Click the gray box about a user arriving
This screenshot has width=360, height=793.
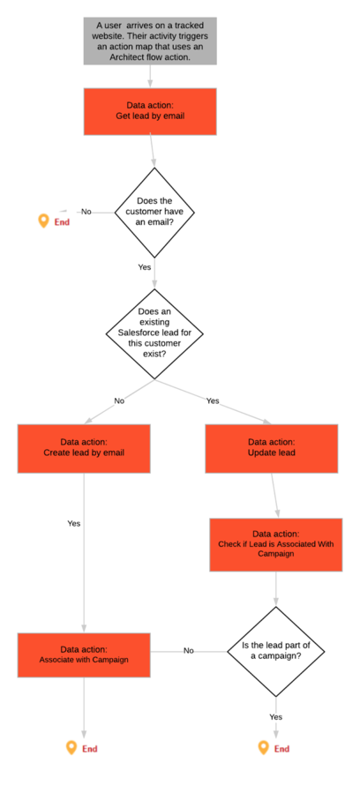coord(150,41)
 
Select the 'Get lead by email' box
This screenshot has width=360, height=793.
coord(150,112)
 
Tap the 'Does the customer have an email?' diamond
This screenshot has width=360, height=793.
coord(154,213)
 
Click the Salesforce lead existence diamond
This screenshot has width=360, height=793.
coord(154,333)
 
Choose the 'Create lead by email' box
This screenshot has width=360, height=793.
coord(84,449)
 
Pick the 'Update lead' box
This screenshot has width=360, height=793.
coord(272,449)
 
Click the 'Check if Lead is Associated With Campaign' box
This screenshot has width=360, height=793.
coord(276,544)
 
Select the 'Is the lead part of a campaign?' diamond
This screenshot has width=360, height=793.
coord(275,651)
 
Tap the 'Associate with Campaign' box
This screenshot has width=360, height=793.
coord(84,655)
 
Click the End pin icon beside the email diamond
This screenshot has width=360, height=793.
coord(44,221)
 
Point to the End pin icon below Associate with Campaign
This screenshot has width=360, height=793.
coord(71,747)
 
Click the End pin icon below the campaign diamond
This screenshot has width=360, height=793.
coord(263,747)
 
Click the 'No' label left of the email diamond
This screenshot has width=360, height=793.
coord(86,212)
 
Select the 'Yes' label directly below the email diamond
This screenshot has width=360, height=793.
coord(144,267)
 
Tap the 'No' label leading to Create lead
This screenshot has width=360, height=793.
coord(119,400)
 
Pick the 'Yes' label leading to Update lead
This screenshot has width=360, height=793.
coord(213,400)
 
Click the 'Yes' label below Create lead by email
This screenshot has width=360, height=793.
coord(74,523)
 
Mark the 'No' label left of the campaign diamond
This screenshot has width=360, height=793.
coord(189,650)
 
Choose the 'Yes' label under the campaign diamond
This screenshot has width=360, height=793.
coord(276,716)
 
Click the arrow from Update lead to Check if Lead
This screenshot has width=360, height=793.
coord(274,496)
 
